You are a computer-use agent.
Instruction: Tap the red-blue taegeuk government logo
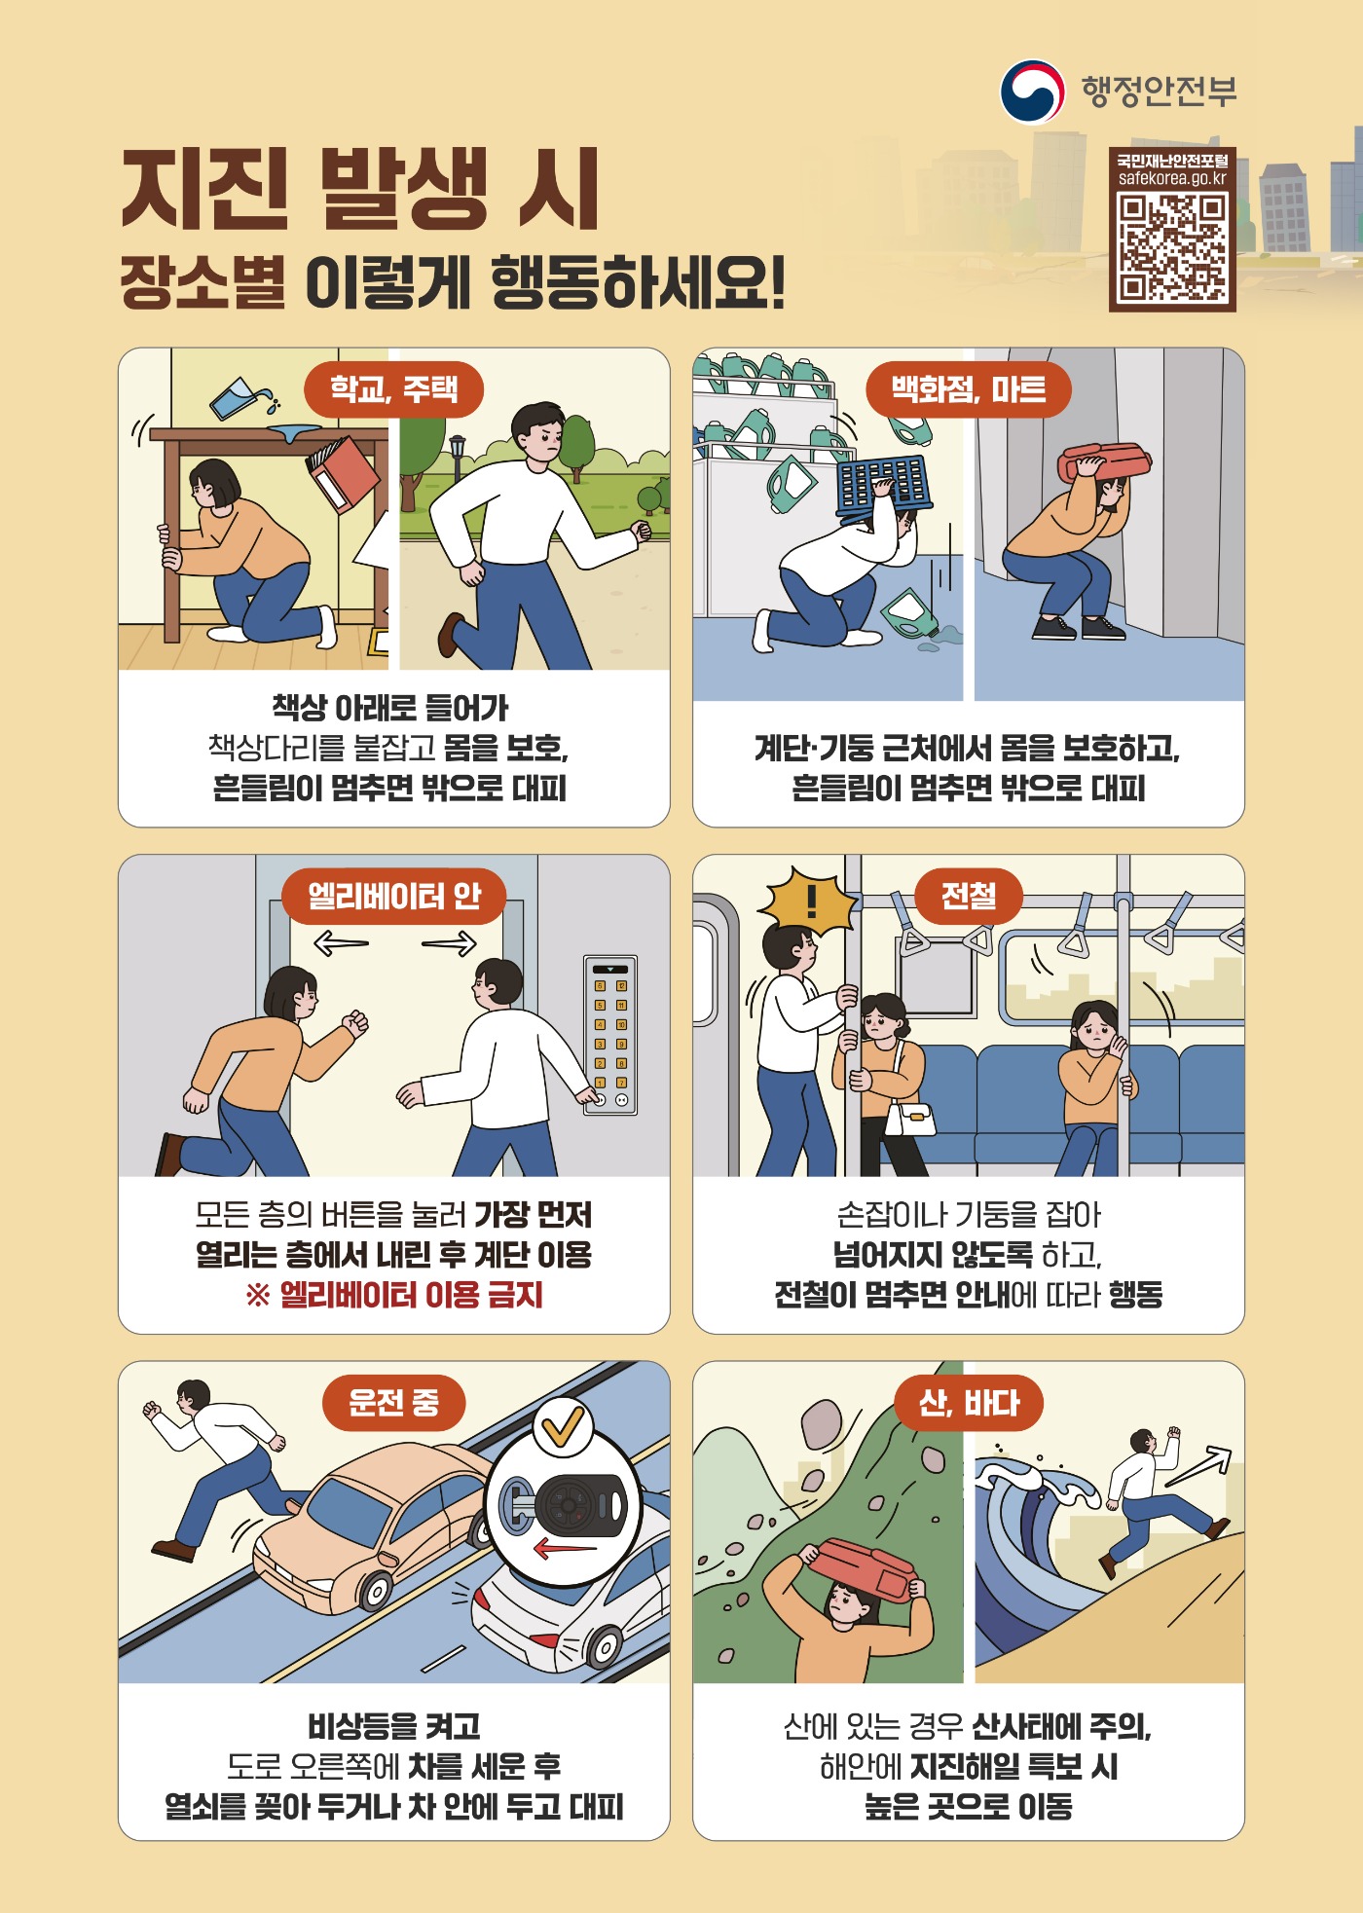point(1033,92)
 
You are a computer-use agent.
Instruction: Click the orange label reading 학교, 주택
point(394,389)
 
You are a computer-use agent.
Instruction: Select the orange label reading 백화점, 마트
point(969,389)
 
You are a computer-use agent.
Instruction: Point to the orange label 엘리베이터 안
point(394,896)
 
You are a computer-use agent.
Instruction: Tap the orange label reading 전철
point(969,896)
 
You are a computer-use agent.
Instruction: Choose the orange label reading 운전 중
point(394,1403)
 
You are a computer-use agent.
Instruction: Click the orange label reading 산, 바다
point(969,1403)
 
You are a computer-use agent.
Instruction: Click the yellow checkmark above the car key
point(564,1427)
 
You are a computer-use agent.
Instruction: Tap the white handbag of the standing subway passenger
point(911,1120)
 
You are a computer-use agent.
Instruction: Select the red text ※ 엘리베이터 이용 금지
point(394,1295)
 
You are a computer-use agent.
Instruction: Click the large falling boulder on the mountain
point(822,1423)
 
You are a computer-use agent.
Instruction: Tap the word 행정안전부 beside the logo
point(1160,92)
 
